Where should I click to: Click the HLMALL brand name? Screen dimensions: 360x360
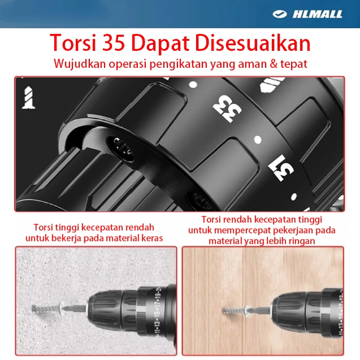[x=318, y=14]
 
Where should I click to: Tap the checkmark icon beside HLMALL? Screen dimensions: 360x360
[x=280, y=14]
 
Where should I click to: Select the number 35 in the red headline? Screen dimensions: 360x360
[x=114, y=43]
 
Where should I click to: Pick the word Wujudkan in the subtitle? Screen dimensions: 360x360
[x=80, y=64]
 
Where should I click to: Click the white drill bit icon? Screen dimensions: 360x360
[x=28, y=98]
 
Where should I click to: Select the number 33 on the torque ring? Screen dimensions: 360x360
[x=227, y=109]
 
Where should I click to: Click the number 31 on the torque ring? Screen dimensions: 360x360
[x=281, y=168]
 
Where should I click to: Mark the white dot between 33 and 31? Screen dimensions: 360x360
[x=258, y=140]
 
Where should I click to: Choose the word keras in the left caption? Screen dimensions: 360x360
[x=152, y=238]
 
